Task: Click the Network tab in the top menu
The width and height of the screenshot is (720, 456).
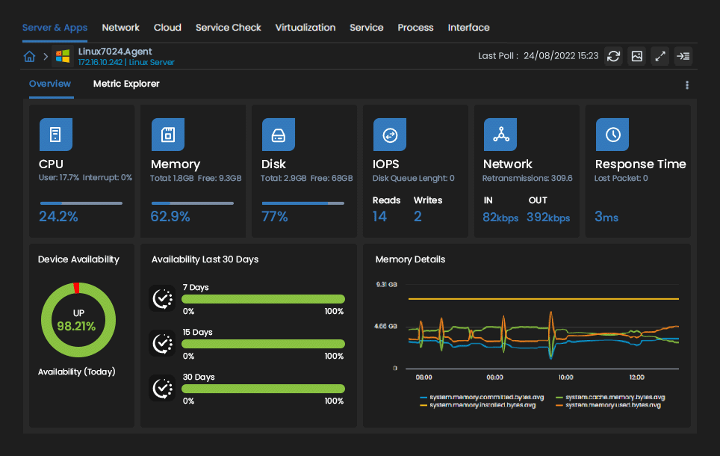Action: click(x=120, y=28)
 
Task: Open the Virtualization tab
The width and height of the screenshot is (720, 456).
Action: click(x=305, y=28)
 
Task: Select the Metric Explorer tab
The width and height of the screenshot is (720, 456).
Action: click(x=126, y=84)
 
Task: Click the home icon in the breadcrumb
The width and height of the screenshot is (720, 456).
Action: click(x=29, y=57)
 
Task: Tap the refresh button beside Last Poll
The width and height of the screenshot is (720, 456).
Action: click(x=613, y=56)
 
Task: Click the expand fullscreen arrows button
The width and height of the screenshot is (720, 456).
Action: click(x=660, y=56)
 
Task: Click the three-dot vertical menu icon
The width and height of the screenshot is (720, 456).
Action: click(x=687, y=85)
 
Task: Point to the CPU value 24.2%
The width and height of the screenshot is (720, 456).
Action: click(x=58, y=217)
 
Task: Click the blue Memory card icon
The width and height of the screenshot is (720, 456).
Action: click(x=167, y=135)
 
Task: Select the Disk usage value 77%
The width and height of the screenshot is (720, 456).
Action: click(x=275, y=217)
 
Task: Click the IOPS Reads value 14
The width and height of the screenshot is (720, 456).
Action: click(x=379, y=217)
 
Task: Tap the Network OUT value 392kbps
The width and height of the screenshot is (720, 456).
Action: click(x=548, y=218)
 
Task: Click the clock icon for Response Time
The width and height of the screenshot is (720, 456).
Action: click(x=612, y=135)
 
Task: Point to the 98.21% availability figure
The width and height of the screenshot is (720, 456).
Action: click(x=76, y=326)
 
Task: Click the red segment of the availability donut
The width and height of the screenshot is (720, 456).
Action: click(x=76, y=288)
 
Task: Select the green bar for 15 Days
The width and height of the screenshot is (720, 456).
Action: click(x=263, y=344)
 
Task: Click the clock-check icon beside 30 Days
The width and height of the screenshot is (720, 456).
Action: click(x=161, y=388)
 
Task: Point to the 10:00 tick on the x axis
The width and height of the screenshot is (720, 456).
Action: click(x=565, y=377)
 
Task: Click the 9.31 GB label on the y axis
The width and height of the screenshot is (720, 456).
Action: click(x=386, y=285)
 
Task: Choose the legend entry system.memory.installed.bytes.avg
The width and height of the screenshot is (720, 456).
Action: click(x=482, y=404)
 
